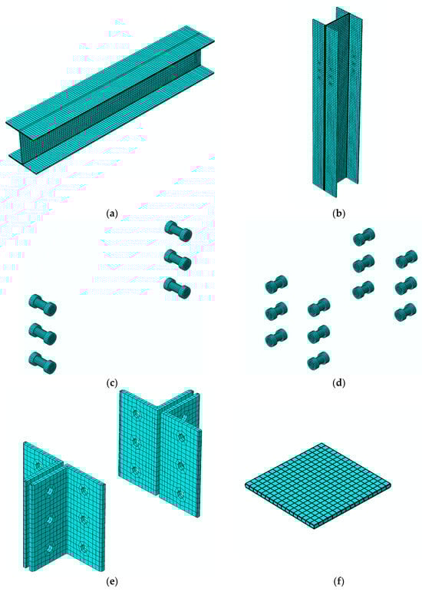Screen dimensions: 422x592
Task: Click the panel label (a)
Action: click(x=112, y=213)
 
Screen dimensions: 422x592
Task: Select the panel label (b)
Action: click(x=338, y=213)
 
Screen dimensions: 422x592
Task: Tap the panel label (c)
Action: click(x=112, y=383)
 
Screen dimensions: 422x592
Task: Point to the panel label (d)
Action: click(x=338, y=383)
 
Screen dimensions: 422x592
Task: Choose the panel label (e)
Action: click(x=112, y=581)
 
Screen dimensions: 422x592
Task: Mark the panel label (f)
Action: click(x=338, y=581)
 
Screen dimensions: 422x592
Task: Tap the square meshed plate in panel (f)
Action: click(x=318, y=485)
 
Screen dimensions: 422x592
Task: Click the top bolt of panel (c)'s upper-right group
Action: click(x=178, y=231)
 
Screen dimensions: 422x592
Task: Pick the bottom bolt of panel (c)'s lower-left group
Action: click(x=43, y=363)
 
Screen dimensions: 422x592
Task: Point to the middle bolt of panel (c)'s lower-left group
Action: click(x=43, y=334)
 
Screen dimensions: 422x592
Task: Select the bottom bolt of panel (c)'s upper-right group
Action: click(x=177, y=289)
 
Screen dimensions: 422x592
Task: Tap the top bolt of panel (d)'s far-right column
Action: click(x=406, y=260)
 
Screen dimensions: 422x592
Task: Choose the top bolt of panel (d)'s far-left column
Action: click(x=276, y=285)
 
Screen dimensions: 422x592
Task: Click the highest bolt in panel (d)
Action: click(x=364, y=236)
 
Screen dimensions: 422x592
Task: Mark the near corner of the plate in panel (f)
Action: click(x=314, y=528)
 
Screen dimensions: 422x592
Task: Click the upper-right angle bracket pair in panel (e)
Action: click(x=160, y=453)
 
